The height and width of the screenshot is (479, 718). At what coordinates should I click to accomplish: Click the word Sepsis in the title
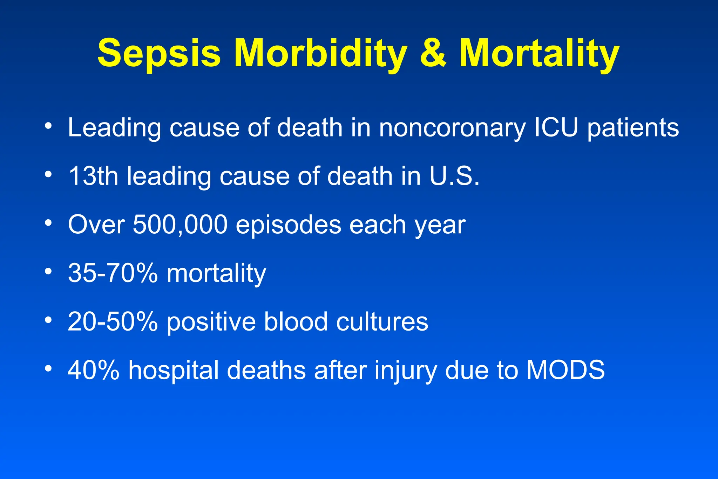[159, 53]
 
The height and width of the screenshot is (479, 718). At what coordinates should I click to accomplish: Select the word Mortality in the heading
[539, 53]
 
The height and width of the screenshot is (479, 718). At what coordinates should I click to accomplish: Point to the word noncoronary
[452, 128]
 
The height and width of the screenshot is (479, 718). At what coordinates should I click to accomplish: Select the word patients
[633, 128]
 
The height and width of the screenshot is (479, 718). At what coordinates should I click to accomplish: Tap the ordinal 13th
[93, 176]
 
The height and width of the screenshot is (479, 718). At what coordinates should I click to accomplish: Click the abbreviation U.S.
[454, 176]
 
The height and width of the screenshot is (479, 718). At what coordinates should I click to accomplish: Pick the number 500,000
[180, 225]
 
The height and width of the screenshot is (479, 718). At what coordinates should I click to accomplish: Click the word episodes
[288, 225]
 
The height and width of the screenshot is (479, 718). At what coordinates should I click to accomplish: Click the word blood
[296, 322]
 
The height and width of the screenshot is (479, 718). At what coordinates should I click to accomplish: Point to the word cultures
[382, 322]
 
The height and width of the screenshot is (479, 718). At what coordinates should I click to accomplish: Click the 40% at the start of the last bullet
[93, 370]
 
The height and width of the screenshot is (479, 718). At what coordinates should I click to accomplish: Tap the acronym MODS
[565, 370]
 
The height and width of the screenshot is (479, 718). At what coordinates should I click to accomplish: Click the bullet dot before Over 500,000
[48, 222]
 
